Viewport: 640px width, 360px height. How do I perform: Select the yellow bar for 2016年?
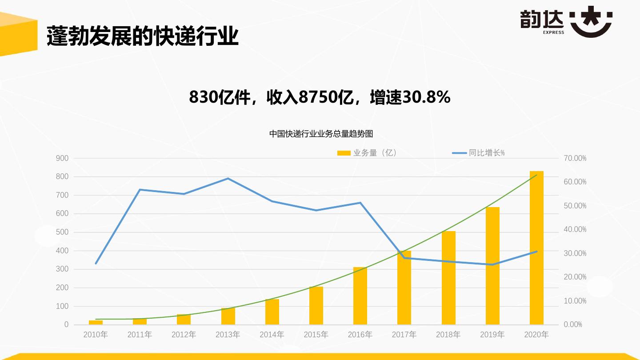[x=360, y=296]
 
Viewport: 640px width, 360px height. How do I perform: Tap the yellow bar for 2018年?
[x=448, y=278]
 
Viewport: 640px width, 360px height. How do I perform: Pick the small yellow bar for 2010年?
[x=96, y=322]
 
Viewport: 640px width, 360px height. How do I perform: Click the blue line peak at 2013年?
[x=228, y=179]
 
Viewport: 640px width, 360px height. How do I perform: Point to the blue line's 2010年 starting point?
[x=96, y=264]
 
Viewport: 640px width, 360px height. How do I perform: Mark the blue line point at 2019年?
[x=492, y=264]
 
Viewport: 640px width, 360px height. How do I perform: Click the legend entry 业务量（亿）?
[x=367, y=153]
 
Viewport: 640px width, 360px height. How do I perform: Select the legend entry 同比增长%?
[x=479, y=153]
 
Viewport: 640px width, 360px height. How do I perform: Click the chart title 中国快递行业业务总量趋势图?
[x=321, y=133]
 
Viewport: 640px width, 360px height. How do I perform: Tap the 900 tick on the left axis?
[x=62, y=158]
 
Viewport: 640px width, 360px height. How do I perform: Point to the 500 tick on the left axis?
[x=62, y=232]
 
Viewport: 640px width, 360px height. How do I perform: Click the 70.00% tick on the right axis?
[x=575, y=158]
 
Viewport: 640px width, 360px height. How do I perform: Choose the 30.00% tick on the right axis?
[x=575, y=253]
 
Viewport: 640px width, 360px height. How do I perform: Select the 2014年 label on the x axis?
[x=272, y=335]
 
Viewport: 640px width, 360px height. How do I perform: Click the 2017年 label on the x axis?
[x=404, y=335]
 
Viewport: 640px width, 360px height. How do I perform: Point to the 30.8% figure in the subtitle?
[x=426, y=97]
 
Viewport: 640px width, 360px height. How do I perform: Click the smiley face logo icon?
[x=591, y=22]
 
